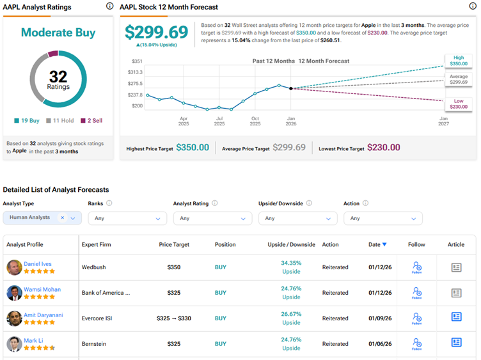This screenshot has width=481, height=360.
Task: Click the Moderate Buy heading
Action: (x=58, y=33)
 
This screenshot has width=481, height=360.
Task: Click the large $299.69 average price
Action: (x=156, y=33)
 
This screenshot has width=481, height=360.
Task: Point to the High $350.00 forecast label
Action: (x=459, y=61)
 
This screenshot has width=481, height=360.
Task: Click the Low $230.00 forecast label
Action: (x=459, y=104)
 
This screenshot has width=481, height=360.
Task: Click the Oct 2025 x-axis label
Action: (x=255, y=121)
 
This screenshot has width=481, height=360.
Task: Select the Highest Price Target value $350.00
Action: (x=193, y=148)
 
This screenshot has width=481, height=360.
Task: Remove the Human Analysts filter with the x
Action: (x=63, y=218)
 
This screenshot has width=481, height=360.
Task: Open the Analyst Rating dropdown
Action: (x=212, y=218)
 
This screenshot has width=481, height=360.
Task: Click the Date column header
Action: (x=377, y=244)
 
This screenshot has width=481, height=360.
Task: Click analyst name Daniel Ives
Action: (x=38, y=263)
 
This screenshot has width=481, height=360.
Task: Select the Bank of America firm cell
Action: (x=106, y=293)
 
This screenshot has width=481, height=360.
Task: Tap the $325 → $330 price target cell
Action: (x=173, y=318)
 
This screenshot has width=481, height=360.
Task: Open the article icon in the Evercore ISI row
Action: (x=456, y=318)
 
